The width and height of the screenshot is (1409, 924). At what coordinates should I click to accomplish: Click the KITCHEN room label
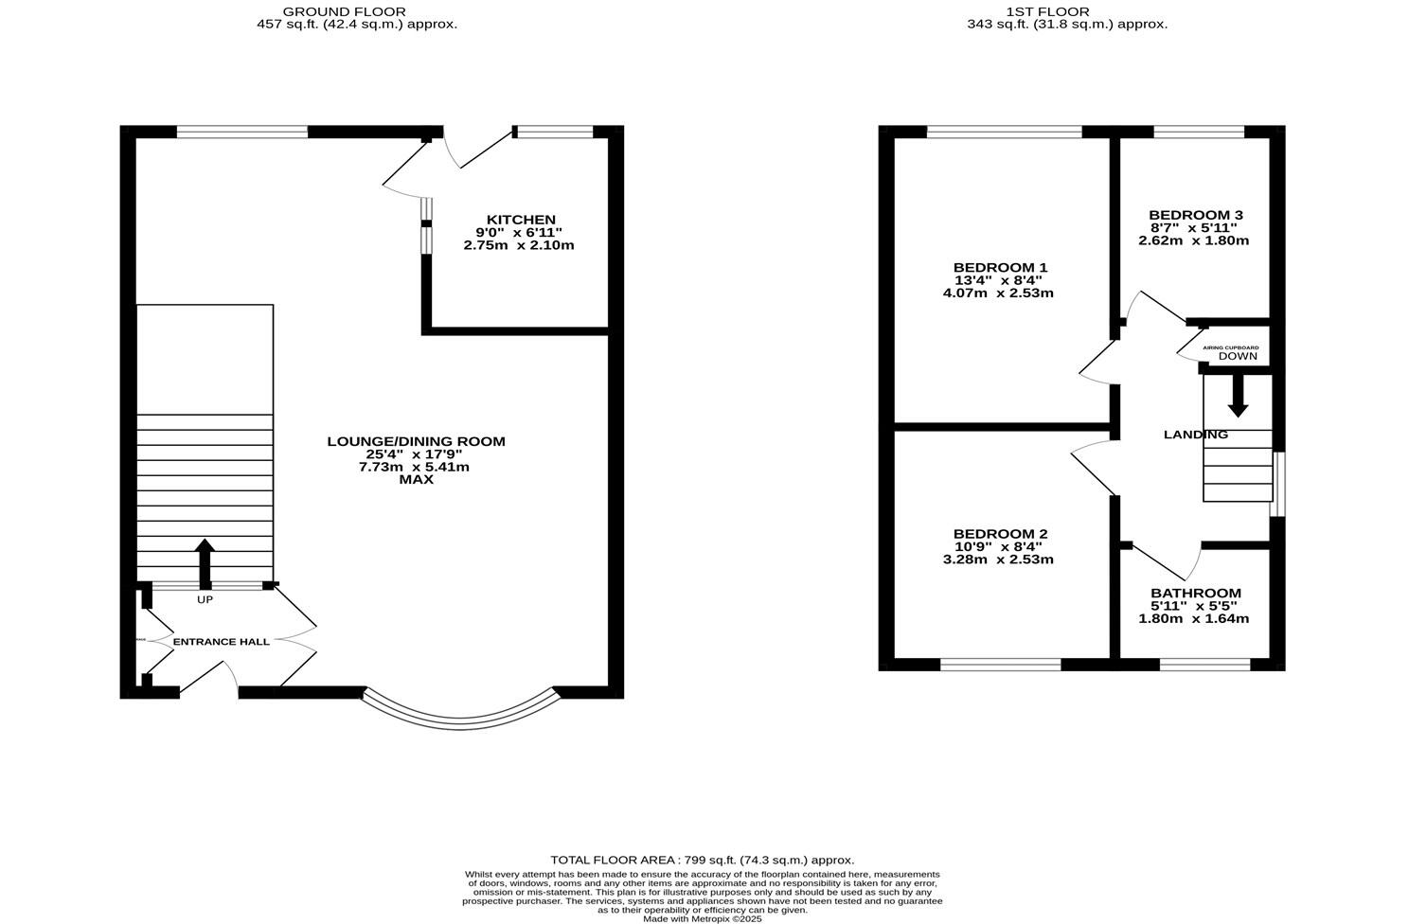(x=520, y=220)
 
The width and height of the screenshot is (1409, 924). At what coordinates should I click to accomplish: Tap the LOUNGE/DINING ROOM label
(x=416, y=441)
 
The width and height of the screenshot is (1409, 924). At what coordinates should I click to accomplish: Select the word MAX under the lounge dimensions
(x=416, y=480)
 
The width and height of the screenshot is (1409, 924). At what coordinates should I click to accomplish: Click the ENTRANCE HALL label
(x=221, y=642)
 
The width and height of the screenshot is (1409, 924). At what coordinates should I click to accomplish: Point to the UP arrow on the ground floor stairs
(x=205, y=563)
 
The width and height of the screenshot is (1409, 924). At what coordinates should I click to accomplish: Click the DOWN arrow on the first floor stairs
(x=1237, y=396)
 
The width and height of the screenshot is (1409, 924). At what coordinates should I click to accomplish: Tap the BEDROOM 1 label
(x=999, y=268)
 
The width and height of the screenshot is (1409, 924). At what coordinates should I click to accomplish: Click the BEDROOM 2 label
(x=999, y=534)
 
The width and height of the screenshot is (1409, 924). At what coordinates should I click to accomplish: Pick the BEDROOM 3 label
(x=1195, y=215)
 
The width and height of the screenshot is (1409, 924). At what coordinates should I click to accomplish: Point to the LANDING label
(x=1195, y=435)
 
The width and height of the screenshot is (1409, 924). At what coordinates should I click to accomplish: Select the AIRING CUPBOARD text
(x=1230, y=347)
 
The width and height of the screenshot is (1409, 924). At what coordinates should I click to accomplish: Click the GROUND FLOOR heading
(x=357, y=11)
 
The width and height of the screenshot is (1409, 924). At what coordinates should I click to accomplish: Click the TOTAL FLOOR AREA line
(x=702, y=860)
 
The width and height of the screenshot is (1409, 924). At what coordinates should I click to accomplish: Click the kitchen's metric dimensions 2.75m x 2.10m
(x=519, y=245)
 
